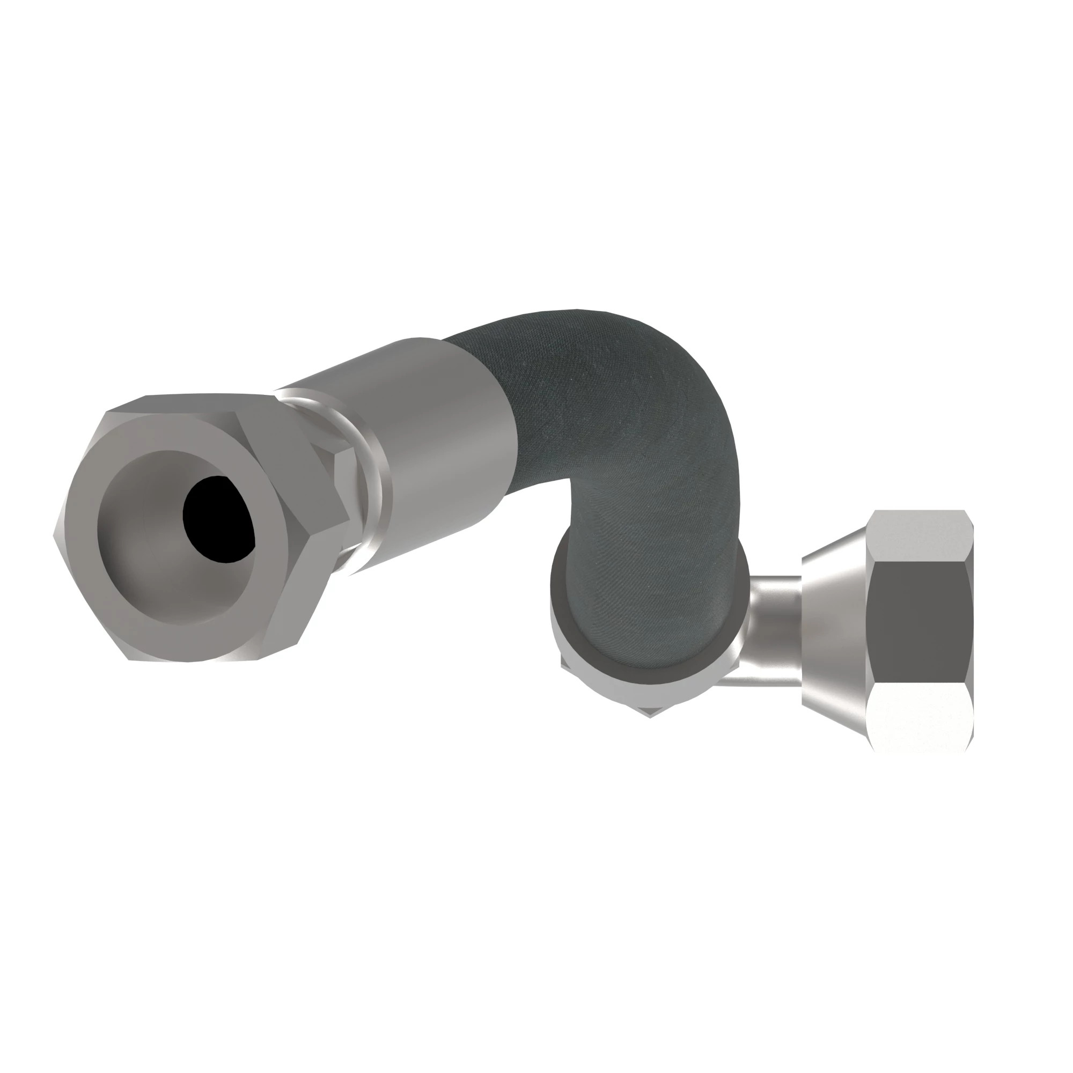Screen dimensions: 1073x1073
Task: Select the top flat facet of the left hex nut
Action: point(189,403)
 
